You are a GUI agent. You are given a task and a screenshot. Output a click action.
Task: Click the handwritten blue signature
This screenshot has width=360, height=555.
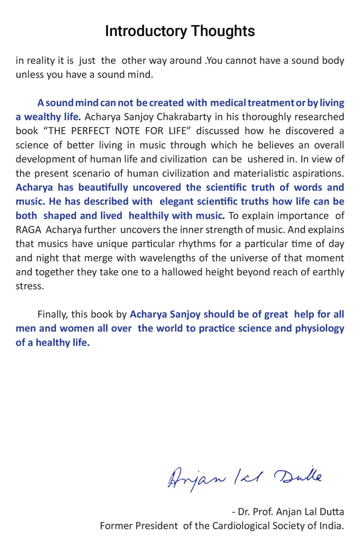245,478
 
